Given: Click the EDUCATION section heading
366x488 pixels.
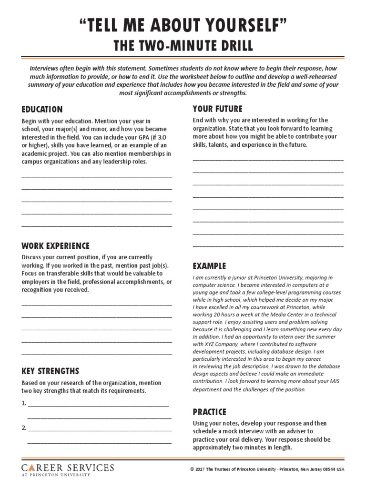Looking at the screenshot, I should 42,109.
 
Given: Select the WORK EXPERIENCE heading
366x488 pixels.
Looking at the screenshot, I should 55,246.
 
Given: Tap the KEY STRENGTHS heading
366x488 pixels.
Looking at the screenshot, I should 50,371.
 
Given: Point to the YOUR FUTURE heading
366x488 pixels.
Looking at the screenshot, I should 217,109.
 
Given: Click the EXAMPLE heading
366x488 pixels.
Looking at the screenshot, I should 209,266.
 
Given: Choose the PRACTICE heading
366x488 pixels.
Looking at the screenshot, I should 209,412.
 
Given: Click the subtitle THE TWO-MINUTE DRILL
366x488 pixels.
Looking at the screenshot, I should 183,46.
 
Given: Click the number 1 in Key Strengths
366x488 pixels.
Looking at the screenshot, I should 23,403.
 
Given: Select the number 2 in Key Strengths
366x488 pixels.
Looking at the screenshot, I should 23,428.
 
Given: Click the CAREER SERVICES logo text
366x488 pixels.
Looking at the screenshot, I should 68,468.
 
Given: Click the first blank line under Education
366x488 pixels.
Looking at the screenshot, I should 97,176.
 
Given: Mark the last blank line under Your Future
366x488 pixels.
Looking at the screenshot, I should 268,246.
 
